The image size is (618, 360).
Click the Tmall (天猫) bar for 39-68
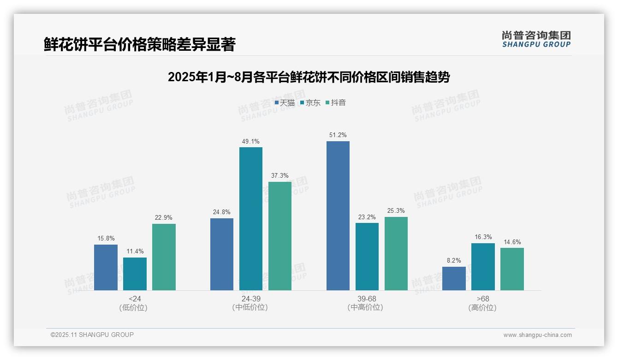click(x=338, y=216)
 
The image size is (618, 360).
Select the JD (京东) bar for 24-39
click(x=251, y=219)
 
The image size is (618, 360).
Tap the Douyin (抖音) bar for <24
click(x=164, y=257)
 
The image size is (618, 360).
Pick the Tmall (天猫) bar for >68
click(x=454, y=278)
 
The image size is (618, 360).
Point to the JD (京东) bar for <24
click(x=135, y=274)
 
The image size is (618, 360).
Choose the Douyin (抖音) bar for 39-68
click(x=396, y=253)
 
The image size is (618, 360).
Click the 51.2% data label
click(x=338, y=135)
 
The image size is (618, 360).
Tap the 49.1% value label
click(x=251, y=141)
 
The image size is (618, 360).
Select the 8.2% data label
click(x=454, y=261)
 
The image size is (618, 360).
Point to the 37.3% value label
click(x=280, y=176)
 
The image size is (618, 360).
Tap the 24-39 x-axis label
click(x=251, y=299)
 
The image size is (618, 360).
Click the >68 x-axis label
click(x=483, y=299)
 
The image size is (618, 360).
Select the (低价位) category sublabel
click(x=135, y=308)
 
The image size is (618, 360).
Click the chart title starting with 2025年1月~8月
click(x=309, y=77)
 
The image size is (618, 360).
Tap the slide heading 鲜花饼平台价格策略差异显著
click(x=140, y=45)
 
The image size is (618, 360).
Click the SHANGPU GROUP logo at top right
click(x=536, y=39)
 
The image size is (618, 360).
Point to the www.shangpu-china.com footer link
click(x=537, y=335)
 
